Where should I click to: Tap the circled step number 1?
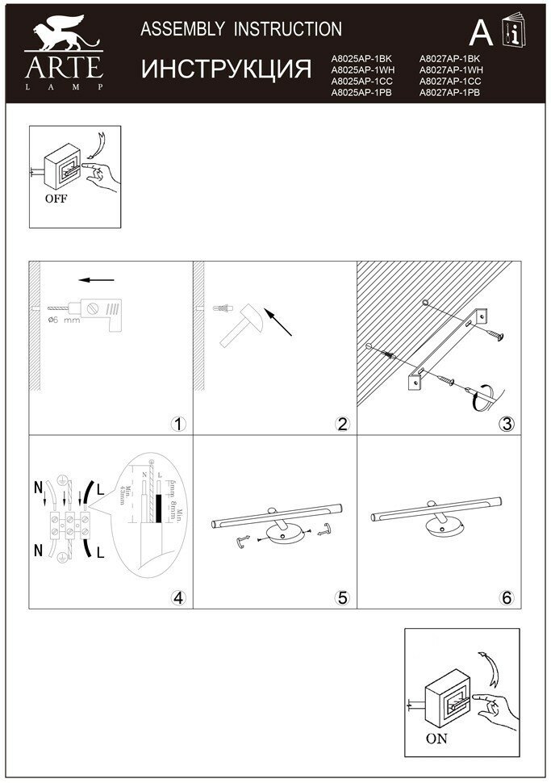point(178,424)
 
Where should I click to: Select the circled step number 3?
point(506,424)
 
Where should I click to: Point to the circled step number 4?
point(178,598)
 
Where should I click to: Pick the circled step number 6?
point(506,598)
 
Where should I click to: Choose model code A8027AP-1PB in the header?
point(450,94)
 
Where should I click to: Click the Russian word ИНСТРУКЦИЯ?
point(227,70)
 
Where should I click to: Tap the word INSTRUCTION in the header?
point(288,30)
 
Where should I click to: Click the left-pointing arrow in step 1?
point(97,281)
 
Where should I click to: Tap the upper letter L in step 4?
point(99,489)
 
